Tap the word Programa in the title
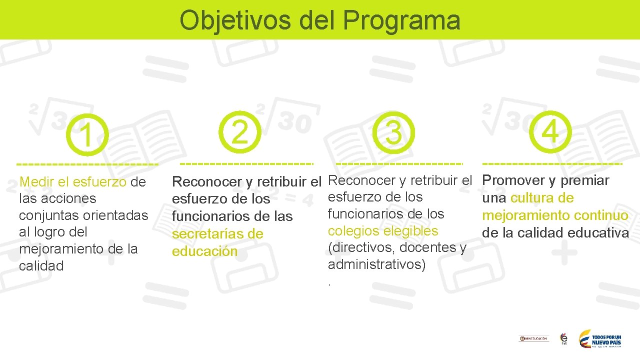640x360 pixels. [402, 21]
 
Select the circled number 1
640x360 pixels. [87, 135]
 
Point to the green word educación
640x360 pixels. [204, 251]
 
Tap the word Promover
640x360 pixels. [513, 180]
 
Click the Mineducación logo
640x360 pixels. [533, 338]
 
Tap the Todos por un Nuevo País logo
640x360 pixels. [600, 339]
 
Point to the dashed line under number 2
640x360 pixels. [246, 163]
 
